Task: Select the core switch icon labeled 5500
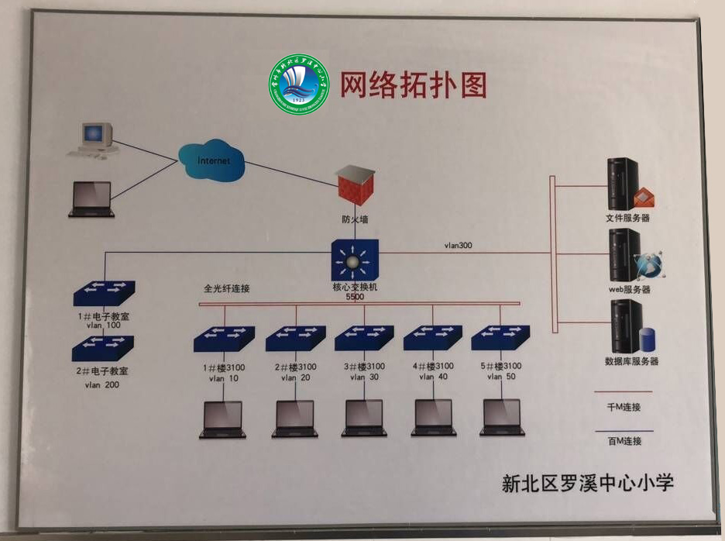point(356,260)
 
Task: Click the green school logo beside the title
point(298,85)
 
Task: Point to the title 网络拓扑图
point(414,84)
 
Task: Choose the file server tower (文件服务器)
point(624,184)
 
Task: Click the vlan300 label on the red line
point(459,246)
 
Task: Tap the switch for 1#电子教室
point(103,295)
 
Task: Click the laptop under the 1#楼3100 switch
point(222,419)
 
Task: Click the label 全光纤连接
point(227,288)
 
